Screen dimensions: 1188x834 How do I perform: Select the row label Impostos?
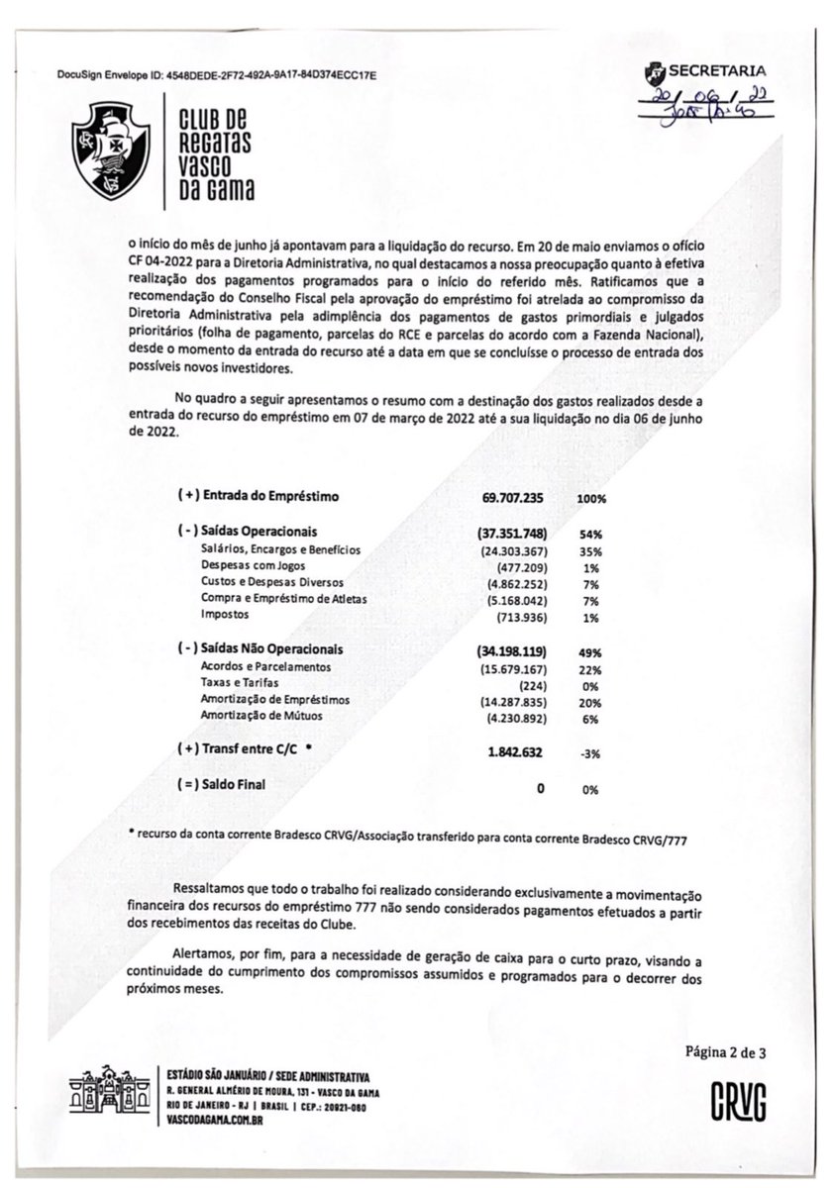[x=225, y=616]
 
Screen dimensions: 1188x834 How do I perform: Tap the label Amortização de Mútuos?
[x=261, y=716]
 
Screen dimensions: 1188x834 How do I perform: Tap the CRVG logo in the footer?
[x=738, y=1100]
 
